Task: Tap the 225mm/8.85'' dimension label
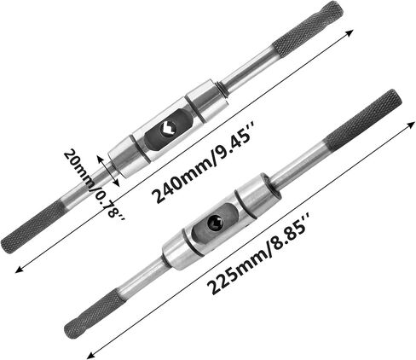click(x=258, y=253)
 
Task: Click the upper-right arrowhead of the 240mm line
click(x=350, y=32)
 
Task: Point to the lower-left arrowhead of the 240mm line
click(x=19, y=270)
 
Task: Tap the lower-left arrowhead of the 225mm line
click(x=90, y=355)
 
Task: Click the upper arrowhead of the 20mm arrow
click(x=100, y=159)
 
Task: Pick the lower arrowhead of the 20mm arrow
click(x=117, y=183)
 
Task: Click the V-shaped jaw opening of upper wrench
click(x=168, y=130)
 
